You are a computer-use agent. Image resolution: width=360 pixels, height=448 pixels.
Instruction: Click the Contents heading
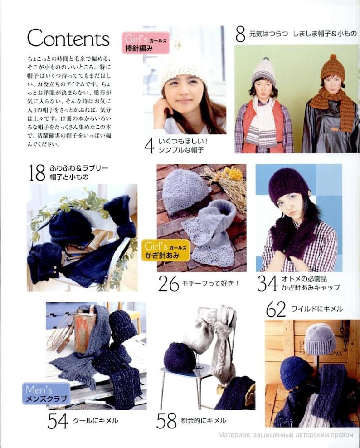(68, 38)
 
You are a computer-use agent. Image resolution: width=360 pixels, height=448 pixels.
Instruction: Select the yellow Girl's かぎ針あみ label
(166, 250)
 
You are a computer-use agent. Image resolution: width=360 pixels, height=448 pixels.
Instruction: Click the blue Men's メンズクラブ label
(46, 394)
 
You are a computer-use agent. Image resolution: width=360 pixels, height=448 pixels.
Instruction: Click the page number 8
(240, 34)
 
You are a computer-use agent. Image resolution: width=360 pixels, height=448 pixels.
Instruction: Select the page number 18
(37, 173)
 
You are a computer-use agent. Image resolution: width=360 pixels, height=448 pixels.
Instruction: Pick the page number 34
(267, 284)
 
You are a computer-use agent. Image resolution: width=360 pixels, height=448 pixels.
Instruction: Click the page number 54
(58, 421)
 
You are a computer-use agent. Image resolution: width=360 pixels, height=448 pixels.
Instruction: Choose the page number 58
(166, 421)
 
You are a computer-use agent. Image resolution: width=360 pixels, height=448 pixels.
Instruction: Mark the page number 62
(276, 310)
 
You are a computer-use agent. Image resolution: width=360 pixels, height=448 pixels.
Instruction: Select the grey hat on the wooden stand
(319, 338)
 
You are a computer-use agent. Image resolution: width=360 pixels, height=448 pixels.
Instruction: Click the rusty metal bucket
(87, 326)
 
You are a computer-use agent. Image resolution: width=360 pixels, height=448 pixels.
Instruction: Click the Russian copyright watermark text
(285, 434)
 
